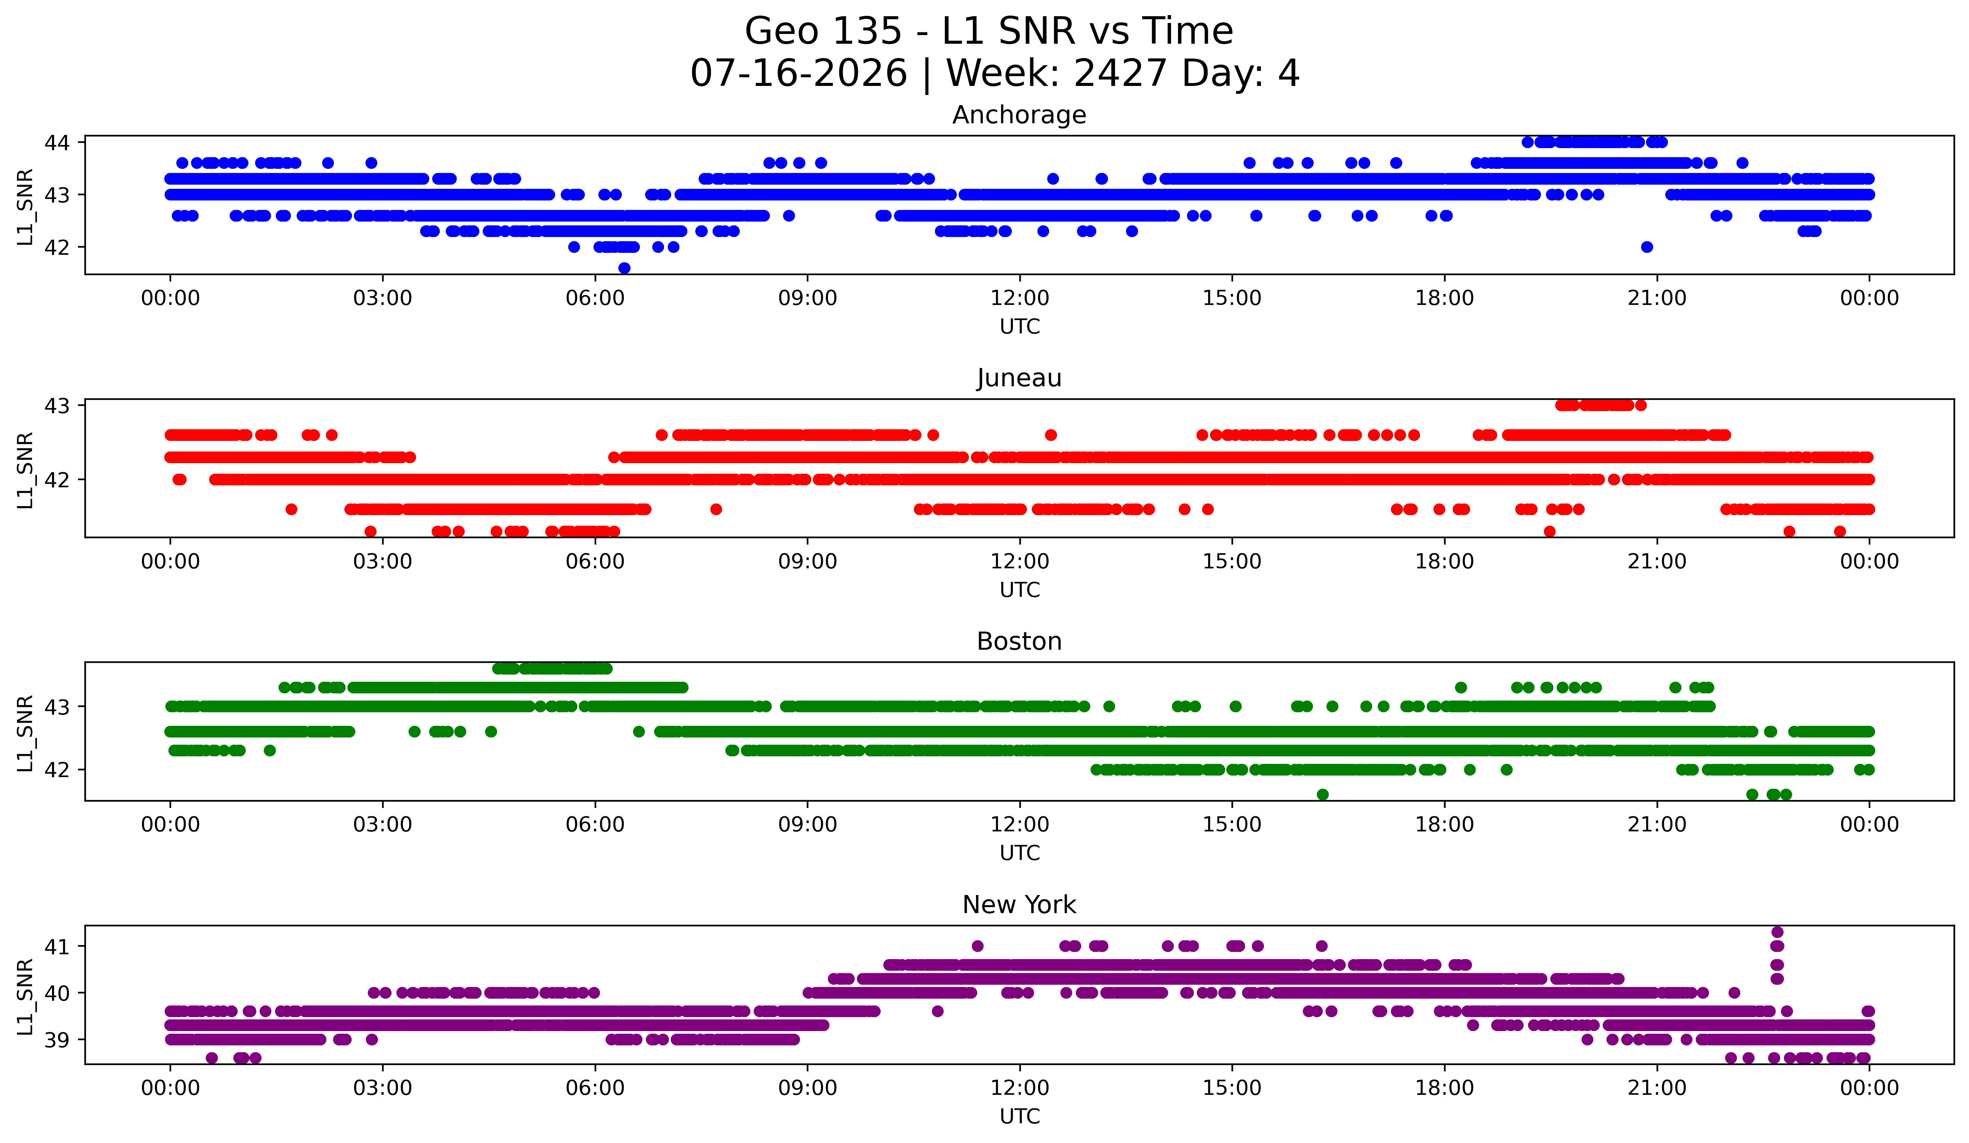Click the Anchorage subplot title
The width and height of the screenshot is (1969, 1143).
coord(1019,115)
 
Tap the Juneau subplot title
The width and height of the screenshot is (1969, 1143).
coord(1019,378)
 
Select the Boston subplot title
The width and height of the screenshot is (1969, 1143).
coord(1019,641)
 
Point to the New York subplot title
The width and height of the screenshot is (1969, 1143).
coord(1019,905)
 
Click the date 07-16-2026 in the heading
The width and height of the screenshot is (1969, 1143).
coord(799,73)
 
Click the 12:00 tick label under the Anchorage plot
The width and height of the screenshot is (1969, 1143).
coord(1020,298)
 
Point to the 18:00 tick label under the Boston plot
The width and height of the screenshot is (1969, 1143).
coord(1444,825)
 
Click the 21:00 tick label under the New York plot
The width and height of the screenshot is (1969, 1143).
coord(1657,1088)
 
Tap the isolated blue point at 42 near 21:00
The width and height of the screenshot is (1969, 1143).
coord(1647,247)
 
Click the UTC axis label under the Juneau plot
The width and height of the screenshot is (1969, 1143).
coord(1020,590)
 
